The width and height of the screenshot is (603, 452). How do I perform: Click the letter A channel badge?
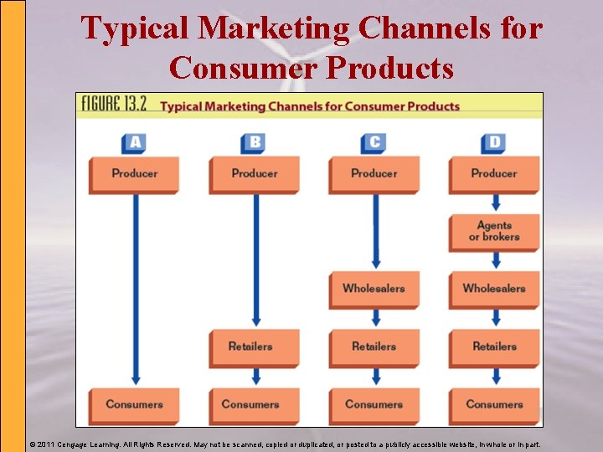[x=134, y=142]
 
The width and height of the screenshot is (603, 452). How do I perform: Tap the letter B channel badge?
[x=255, y=142]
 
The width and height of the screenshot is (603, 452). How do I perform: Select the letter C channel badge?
[x=374, y=142]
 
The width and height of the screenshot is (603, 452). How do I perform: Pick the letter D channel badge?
[x=493, y=142]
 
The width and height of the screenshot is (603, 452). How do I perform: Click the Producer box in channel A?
[x=134, y=174]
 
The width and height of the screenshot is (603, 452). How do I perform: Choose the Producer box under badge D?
[x=493, y=174]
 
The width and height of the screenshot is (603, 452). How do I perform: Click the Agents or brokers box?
[x=493, y=232]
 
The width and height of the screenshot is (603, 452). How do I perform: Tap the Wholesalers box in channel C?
[x=374, y=289]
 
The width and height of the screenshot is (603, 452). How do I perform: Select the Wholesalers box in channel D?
[x=493, y=289]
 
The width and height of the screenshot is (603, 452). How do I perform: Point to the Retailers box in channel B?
[x=254, y=347]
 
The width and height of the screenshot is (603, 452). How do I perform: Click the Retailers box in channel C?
[x=374, y=347]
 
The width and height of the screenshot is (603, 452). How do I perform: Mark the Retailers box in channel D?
[x=493, y=347]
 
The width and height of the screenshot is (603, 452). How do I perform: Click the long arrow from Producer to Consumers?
[x=134, y=289]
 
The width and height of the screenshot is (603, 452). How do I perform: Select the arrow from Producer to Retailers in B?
[x=255, y=259]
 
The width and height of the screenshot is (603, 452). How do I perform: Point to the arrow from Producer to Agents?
[x=495, y=203]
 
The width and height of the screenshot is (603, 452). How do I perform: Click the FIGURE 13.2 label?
[x=115, y=105]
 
